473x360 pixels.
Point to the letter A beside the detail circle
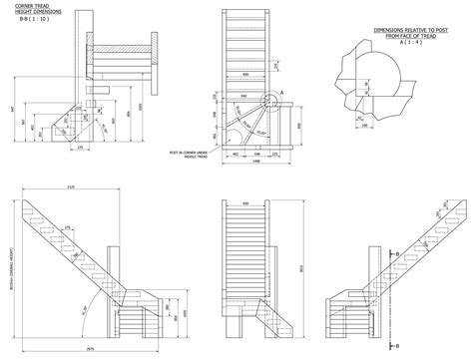(x=282, y=92)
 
